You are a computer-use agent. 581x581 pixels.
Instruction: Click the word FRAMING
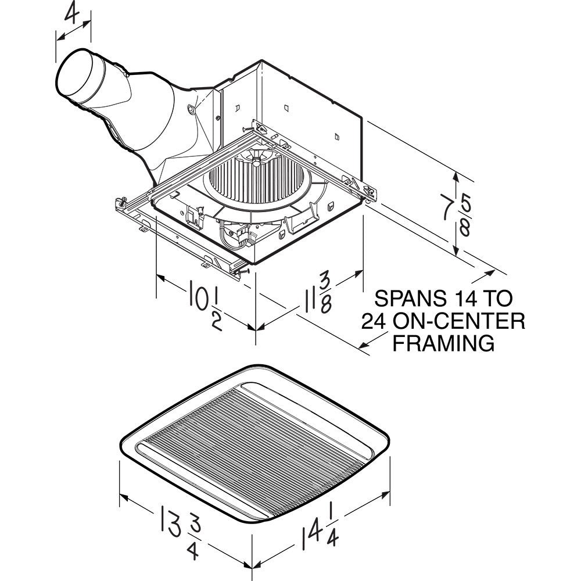tap(444, 342)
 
